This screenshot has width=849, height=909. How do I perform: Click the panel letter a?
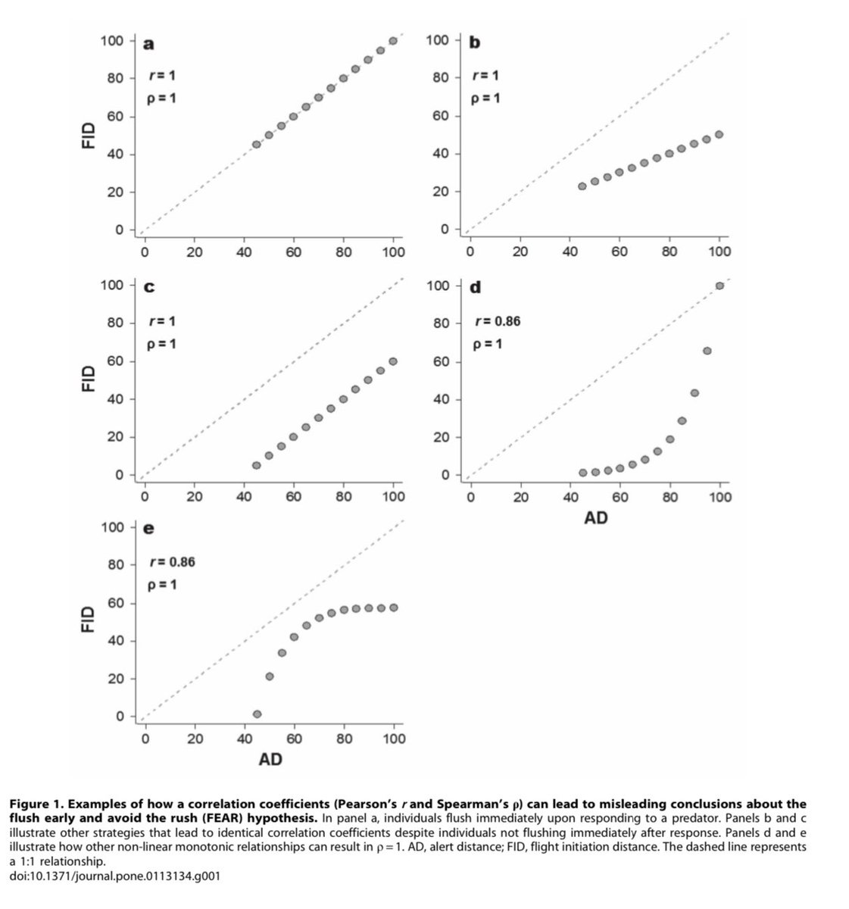click(x=148, y=43)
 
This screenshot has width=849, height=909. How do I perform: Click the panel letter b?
click(x=475, y=42)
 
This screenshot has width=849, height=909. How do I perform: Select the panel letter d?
click(x=475, y=288)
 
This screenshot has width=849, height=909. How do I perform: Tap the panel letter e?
click(x=148, y=529)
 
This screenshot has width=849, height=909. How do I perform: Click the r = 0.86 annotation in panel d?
click(x=497, y=321)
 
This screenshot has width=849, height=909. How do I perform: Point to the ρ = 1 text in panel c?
click(x=162, y=344)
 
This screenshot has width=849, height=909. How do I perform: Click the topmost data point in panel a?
click(x=393, y=41)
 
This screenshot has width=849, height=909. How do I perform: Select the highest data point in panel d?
click(x=719, y=286)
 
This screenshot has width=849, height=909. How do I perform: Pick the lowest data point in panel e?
click(x=257, y=714)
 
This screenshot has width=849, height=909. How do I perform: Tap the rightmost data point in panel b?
click(x=719, y=134)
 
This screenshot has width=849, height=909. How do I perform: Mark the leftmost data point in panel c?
click(x=256, y=465)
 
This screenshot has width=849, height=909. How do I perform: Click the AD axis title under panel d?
click(x=596, y=518)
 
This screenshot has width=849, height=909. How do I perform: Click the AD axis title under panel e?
click(x=270, y=758)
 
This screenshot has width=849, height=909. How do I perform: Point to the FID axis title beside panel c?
click(x=89, y=380)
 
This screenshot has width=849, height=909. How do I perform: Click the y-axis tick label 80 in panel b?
click(x=439, y=77)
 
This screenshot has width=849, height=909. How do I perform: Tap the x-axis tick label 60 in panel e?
click(x=294, y=739)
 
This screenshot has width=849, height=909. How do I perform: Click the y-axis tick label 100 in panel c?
click(x=111, y=285)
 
